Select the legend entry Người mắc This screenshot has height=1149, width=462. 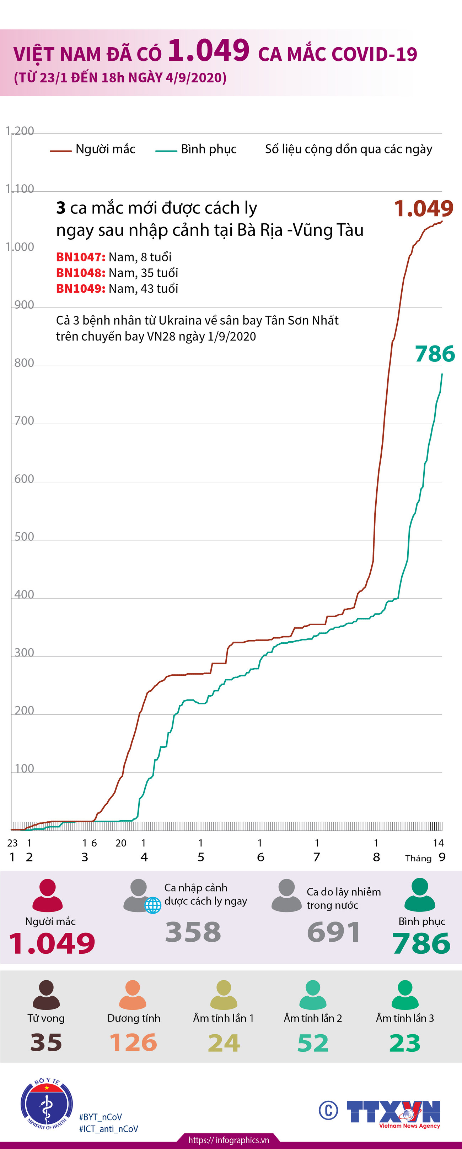pos(105,149)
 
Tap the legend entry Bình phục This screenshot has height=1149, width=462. pos(209,149)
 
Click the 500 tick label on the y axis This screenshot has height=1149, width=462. pos(24,537)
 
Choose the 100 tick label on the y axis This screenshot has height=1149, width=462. pos(24,768)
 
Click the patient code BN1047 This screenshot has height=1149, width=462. pos(80,257)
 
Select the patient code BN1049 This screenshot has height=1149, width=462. pos(80,289)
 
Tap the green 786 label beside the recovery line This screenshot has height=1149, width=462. pos(435,354)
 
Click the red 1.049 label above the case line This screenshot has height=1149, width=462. pos(424,208)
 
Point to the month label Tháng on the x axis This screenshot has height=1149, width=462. pos(418,858)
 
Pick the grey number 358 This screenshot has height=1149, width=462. pos(193,932)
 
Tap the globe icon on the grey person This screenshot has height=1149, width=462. pos(153,905)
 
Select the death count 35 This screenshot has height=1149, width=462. pos(46,1043)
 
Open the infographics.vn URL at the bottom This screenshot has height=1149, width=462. pos(229,1140)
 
